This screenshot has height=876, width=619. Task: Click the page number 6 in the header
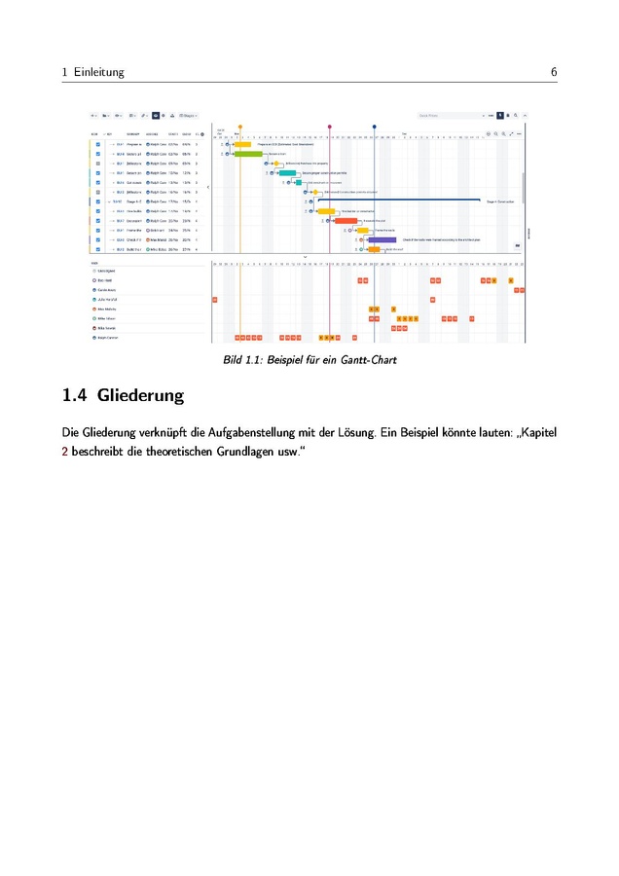tap(553, 72)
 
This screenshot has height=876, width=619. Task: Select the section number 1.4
tap(74, 396)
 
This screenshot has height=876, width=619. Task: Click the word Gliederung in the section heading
tap(140, 396)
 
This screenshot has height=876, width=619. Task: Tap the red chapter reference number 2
tap(64, 450)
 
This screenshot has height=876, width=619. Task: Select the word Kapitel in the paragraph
tap(536, 431)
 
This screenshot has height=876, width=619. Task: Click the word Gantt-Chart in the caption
tap(369, 360)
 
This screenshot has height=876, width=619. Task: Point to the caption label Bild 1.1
tap(242, 360)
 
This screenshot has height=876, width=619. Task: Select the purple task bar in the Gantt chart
tap(382, 239)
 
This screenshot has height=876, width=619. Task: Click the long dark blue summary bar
tap(399, 201)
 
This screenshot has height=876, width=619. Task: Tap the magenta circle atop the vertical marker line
tap(330, 127)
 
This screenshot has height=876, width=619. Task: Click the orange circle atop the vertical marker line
tap(240, 127)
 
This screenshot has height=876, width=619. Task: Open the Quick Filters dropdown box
tap(450, 115)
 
